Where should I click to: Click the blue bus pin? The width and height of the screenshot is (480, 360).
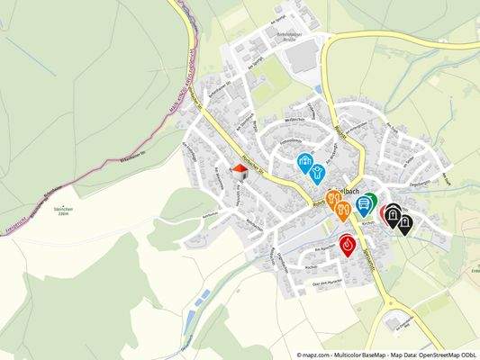361,204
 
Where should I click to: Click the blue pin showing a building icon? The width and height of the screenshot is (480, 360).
305,162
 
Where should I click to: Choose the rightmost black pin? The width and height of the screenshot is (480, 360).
405,222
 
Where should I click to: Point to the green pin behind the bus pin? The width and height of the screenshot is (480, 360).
369,201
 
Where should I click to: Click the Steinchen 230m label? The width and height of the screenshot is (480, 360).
62,212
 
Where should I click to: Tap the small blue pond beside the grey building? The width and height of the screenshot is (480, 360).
319,89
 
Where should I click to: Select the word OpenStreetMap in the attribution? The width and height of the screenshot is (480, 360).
430,355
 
